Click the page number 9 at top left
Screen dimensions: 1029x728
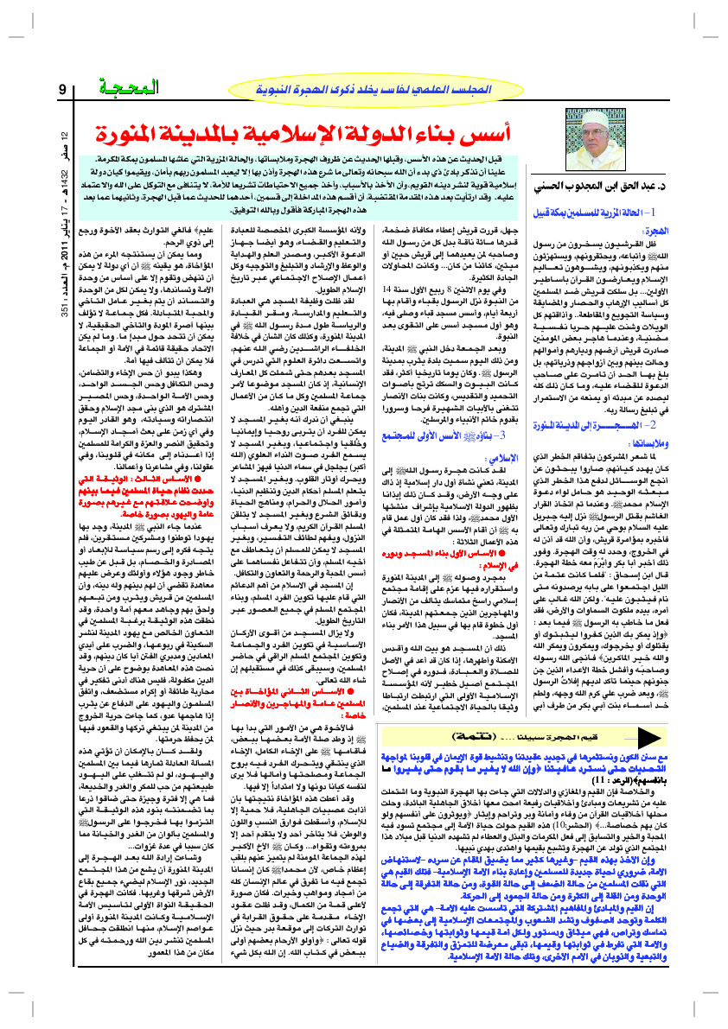[62, 90]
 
